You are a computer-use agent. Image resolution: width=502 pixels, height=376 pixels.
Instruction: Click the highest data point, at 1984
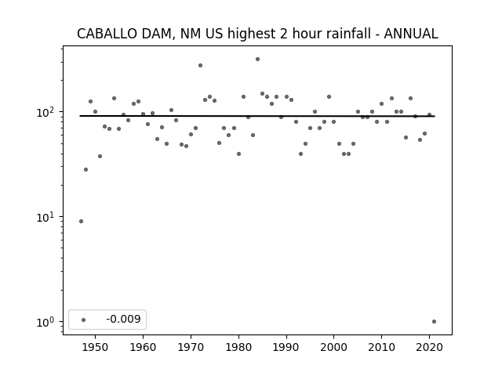tap(257, 60)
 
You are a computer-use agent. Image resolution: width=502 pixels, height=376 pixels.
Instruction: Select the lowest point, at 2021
tap(434, 322)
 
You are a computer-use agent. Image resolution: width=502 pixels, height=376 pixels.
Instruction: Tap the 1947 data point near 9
tap(81, 221)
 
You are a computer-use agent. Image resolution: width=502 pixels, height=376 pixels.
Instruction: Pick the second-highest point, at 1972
tap(201, 66)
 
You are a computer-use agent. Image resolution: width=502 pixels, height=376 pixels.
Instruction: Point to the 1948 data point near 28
tap(85, 169)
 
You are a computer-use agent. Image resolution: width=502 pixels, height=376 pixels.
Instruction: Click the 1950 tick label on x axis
tap(95, 347)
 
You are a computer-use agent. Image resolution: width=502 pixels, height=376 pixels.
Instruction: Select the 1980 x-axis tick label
tap(238, 347)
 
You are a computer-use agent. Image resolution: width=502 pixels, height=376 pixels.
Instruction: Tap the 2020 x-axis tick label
tap(429, 347)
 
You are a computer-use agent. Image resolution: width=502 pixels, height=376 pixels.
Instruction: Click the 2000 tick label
tap(333, 347)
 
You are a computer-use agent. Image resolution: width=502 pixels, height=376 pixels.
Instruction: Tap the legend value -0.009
tap(124, 319)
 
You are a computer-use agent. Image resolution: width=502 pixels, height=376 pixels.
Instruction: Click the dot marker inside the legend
tap(84, 320)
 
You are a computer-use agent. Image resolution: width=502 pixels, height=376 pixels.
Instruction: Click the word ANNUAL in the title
tap(411, 34)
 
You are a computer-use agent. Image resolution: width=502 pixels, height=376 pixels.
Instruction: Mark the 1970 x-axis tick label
tap(191, 347)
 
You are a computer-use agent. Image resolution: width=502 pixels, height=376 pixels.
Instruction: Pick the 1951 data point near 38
tap(100, 157)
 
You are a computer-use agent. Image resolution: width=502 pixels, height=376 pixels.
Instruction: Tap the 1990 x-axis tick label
tap(286, 347)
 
